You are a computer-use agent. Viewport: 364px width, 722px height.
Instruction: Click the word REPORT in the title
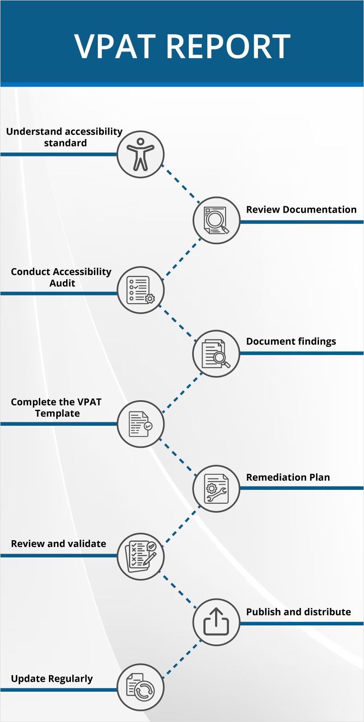tap(228, 46)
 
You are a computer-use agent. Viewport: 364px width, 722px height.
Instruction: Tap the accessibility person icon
tap(141, 154)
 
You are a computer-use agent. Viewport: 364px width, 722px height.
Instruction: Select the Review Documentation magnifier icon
tap(216, 220)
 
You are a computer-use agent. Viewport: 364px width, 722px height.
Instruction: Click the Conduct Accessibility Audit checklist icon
tap(141, 290)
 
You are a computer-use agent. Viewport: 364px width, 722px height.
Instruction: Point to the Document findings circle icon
tap(216, 354)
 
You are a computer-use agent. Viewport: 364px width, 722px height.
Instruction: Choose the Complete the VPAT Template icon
tap(141, 424)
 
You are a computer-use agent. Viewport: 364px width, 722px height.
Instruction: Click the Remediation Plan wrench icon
tap(216, 489)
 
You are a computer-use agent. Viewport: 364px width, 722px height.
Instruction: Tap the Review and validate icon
tap(141, 556)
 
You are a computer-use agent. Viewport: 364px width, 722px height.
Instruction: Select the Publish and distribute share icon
tap(216, 622)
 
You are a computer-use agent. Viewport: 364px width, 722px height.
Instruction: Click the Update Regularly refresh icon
tap(141, 687)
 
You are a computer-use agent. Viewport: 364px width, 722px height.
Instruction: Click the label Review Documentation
tap(301, 210)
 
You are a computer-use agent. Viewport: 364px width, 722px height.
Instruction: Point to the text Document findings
tap(291, 341)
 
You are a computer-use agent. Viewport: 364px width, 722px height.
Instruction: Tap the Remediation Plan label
tap(288, 477)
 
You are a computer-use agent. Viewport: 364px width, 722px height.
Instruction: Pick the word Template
tap(57, 413)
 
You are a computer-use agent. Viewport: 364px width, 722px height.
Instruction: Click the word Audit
tap(62, 283)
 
